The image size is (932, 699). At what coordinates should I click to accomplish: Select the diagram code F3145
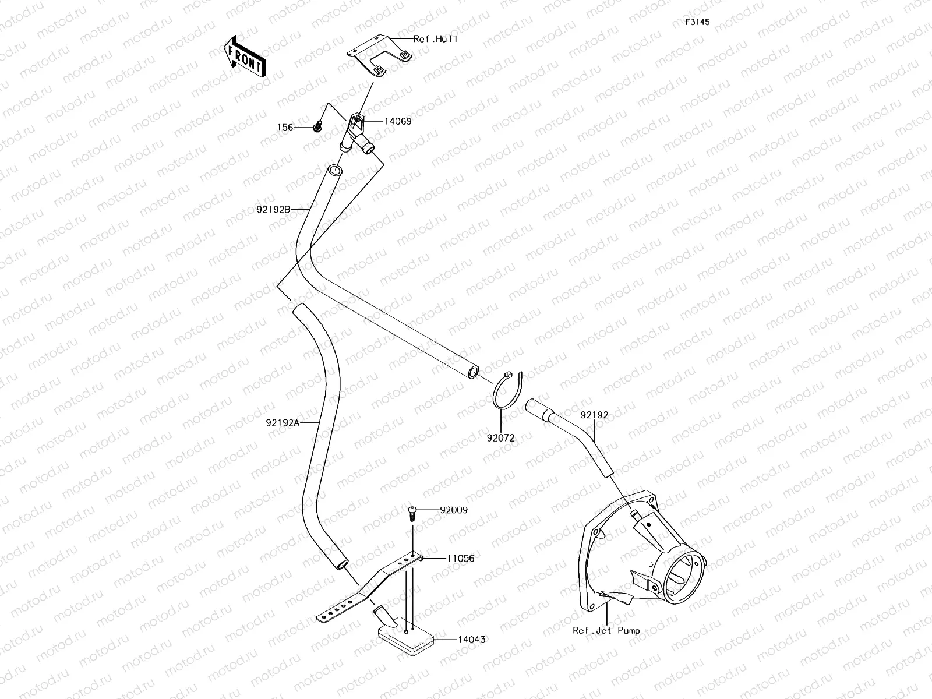[697, 22]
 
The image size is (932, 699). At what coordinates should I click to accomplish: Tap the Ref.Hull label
[435, 39]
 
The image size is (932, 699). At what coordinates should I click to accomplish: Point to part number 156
[284, 128]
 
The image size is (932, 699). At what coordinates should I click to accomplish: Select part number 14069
[397, 122]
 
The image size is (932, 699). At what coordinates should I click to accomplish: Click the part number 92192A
[282, 423]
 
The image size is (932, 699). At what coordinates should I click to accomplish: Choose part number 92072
[501, 437]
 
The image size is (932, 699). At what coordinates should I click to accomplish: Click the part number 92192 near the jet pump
[594, 415]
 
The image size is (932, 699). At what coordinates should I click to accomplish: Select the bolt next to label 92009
[412, 513]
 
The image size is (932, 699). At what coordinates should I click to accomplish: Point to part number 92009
[454, 510]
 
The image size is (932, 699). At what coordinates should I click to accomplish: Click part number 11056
[460, 558]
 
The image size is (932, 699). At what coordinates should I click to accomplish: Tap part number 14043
[471, 640]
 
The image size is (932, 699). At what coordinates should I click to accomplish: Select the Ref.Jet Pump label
[606, 630]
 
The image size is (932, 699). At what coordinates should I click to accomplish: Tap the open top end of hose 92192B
[334, 171]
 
